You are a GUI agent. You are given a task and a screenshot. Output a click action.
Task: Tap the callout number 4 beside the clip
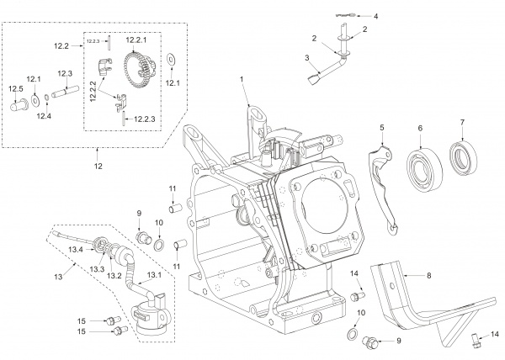coord(375,16)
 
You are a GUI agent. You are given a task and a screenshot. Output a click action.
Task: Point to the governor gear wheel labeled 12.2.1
coord(136,63)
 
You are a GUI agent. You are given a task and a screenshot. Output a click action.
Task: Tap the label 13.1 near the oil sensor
coord(153,274)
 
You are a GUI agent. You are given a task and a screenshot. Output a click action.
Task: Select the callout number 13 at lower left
coord(58,274)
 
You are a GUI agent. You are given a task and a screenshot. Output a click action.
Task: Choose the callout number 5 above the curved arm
coord(381,127)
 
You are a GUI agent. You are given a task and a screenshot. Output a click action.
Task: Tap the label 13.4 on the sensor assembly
coord(75,250)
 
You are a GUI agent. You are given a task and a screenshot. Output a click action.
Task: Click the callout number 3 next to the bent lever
coord(308,57)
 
